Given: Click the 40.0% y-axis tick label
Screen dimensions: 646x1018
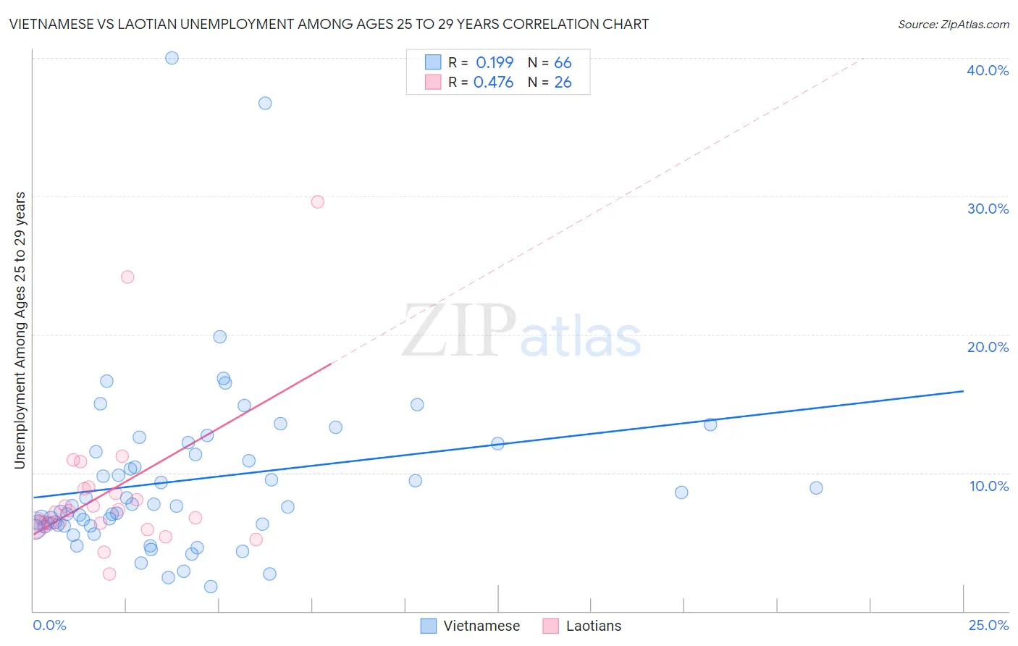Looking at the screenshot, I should (x=988, y=70).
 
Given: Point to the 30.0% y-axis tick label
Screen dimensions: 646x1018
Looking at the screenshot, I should (x=988, y=209).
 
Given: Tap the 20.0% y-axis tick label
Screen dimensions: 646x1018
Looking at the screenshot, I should (x=988, y=347).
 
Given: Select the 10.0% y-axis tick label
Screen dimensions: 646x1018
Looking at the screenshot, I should (x=989, y=486).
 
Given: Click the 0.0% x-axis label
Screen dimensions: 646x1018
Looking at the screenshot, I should (x=49, y=625).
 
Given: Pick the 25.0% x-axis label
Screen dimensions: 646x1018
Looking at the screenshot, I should (x=988, y=625).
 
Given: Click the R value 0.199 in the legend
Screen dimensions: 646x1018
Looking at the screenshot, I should (x=495, y=63).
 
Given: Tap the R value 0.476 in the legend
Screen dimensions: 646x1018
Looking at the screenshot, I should (x=493, y=83).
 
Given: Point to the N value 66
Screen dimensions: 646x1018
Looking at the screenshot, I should (x=563, y=63).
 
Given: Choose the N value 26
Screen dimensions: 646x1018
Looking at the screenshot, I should (x=563, y=83).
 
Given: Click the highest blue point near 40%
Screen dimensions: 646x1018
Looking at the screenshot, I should (x=172, y=58).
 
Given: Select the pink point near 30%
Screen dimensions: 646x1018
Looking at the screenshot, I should (x=317, y=202).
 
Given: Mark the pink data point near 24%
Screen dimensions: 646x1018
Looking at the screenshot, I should (x=127, y=277).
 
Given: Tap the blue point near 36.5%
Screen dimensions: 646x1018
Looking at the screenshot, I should (x=265, y=104).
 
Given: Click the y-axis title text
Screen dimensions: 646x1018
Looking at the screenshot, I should (x=20, y=330).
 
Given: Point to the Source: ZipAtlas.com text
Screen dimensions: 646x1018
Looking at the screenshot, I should (x=953, y=25).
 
